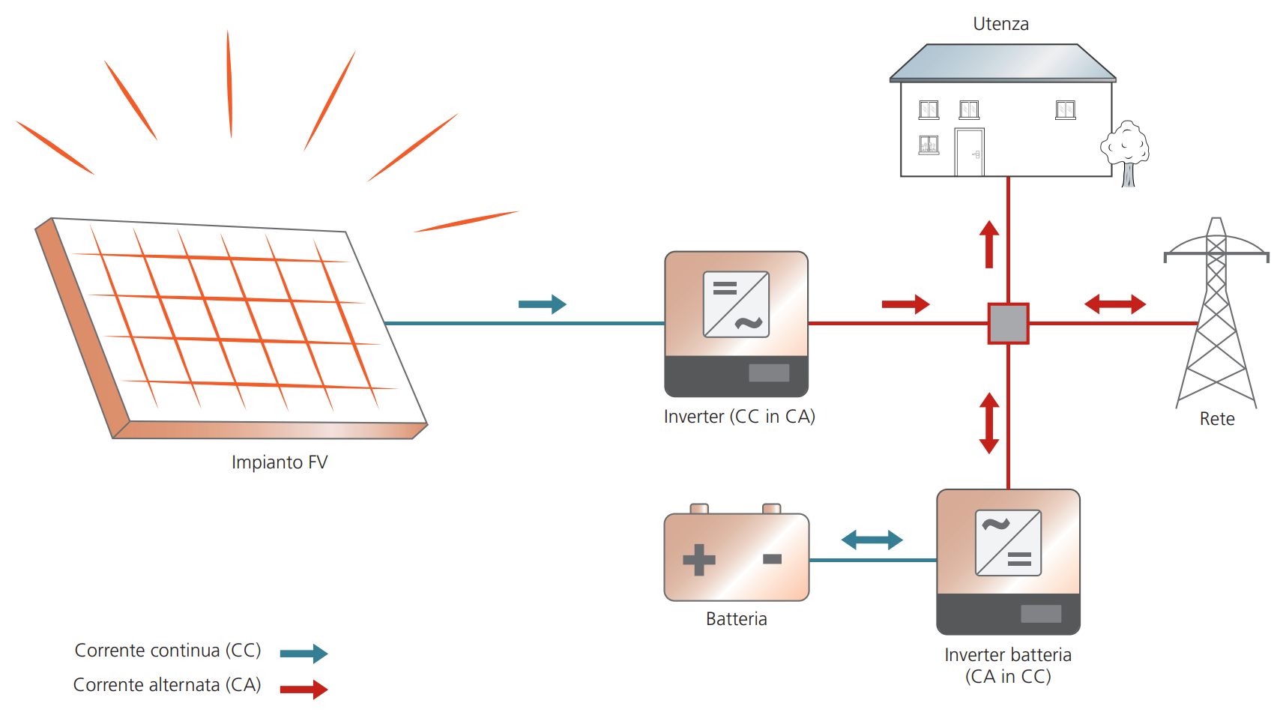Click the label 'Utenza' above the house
point(1000,24)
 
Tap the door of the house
point(969,153)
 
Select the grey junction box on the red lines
point(1008,323)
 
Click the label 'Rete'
point(1217,419)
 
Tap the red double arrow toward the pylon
point(1115,304)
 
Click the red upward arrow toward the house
point(989,244)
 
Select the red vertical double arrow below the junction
point(989,423)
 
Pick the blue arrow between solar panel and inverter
point(543,304)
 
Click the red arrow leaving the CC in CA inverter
point(905,304)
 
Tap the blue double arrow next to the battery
point(872,540)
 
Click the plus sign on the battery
point(699,559)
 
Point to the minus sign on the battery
point(772,558)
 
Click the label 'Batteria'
point(736,619)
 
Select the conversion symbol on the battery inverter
point(1008,543)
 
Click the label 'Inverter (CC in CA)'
point(739,417)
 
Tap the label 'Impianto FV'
point(280,462)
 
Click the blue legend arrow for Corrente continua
point(304,654)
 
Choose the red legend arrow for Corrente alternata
point(304,689)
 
